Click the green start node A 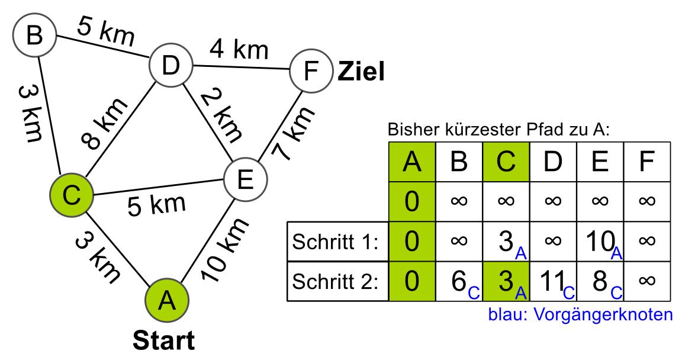(168, 301)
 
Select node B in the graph (35, 36)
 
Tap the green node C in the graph (72, 195)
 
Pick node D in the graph (170, 66)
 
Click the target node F (311, 72)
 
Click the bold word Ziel (361, 72)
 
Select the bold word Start (163, 341)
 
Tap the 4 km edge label (239, 50)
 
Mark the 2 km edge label (220, 114)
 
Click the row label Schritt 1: (336, 242)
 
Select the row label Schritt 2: (336, 281)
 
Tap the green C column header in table (506, 162)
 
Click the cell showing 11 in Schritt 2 (553, 281)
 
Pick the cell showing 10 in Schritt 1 (599, 242)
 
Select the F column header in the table (646, 162)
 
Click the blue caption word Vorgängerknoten (604, 314)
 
